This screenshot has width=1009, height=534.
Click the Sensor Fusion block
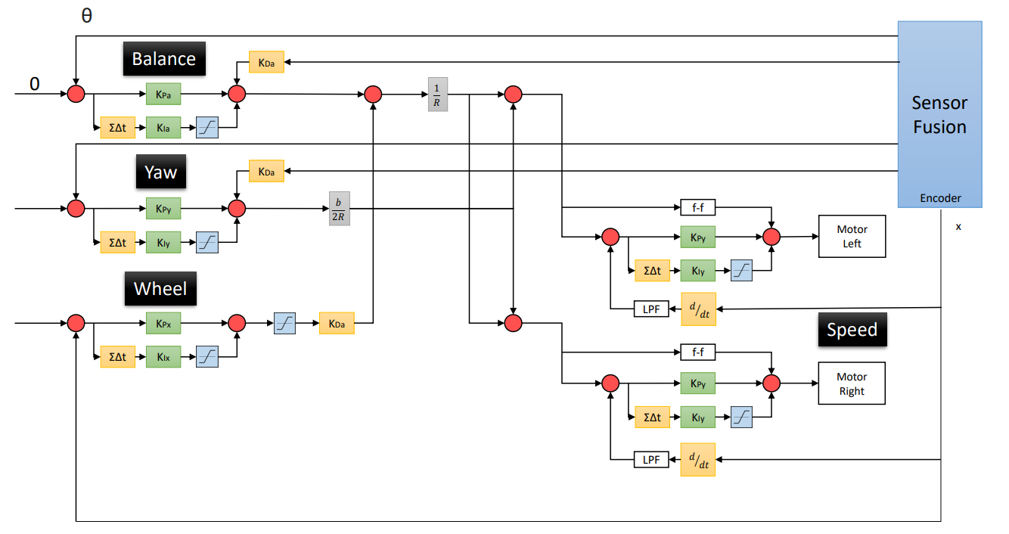(x=939, y=114)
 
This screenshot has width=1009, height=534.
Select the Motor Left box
(x=852, y=237)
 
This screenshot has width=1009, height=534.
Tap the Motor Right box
(x=852, y=384)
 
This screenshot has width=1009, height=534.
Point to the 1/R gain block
(x=437, y=95)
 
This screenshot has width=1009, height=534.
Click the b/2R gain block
(x=340, y=208)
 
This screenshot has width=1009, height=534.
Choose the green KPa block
(x=163, y=95)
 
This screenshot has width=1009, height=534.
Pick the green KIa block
(x=163, y=128)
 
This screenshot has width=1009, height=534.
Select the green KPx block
(x=163, y=324)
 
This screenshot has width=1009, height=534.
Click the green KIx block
(x=163, y=356)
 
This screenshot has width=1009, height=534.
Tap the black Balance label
(x=164, y=59)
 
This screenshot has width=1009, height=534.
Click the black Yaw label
(x=161, y=172)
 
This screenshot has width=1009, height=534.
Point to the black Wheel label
(x=160, y=289)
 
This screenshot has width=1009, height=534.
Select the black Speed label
(x=852, y=330)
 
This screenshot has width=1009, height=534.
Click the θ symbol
(x=86, y=15)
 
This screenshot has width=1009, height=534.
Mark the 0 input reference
(x=34, y=83)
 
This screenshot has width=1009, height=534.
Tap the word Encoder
(x=940, y=198)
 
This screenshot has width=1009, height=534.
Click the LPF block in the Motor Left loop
(x=651, y=309)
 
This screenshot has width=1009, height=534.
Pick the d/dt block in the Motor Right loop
(x=698, y=459)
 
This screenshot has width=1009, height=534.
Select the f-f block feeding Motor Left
(x=697, y=206)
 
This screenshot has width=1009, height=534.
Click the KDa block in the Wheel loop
(x=337, y=324)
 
